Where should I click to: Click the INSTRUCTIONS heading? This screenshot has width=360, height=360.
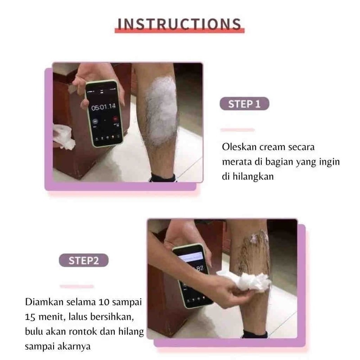179,24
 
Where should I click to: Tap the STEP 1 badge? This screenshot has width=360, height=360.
244,104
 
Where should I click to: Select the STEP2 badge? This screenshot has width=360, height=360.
84,261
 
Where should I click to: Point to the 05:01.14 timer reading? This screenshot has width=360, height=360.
103,107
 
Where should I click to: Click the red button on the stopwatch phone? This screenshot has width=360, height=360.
115,118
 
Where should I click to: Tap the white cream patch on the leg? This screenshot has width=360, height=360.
162,110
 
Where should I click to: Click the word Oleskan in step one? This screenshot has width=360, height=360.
239,147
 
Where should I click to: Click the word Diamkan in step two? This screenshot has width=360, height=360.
44,302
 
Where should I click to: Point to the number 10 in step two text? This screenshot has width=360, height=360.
104,302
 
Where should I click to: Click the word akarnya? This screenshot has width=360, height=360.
74,346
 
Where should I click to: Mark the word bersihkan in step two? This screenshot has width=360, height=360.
112,317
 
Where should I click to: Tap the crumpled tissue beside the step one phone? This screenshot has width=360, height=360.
63,137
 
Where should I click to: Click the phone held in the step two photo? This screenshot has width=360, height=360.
193,275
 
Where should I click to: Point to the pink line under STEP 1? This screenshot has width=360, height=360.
238,130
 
